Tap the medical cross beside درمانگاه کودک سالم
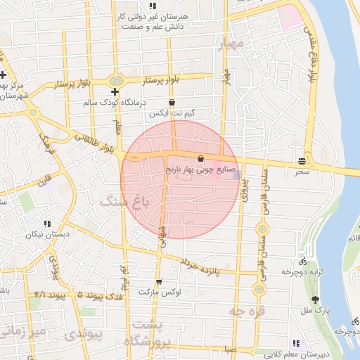click(x=115, y=92)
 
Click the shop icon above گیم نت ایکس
click(x=172, y=102)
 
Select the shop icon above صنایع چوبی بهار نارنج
click(x=201, y=158)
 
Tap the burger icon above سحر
click(x=302, y=161)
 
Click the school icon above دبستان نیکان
click(x=47, y=224)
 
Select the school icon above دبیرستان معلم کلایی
click(x=295, y=344)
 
